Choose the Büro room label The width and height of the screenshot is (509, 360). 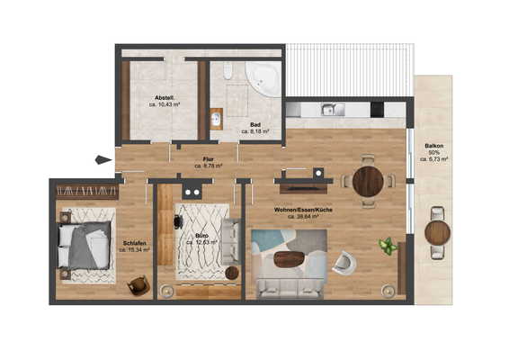tap(202, 234)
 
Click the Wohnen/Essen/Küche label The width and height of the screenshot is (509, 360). tap(304, 210)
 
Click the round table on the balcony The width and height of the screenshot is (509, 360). tap(438, 231)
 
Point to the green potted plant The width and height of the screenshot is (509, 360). tap(388, 245)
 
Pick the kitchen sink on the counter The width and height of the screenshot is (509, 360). tap(332, 110)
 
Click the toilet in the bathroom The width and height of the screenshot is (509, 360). tap(228, 72)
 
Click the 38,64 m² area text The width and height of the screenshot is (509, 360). tap(304, 217)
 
